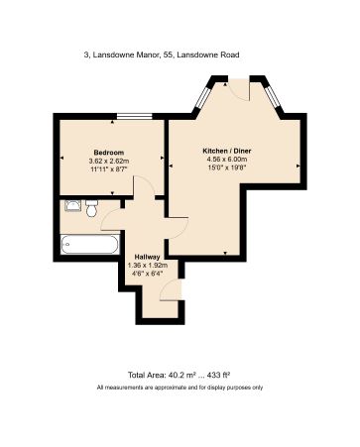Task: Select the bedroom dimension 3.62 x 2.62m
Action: click(x=108, y=162)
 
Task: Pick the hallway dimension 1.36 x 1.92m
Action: click(x=146, y=266)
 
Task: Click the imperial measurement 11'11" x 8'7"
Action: click(x=108, y=170)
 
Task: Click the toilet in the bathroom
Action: click(x=91, y=208)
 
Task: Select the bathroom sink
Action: click(x=71, y=206)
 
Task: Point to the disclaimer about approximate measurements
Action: click(x=180, y=388)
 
